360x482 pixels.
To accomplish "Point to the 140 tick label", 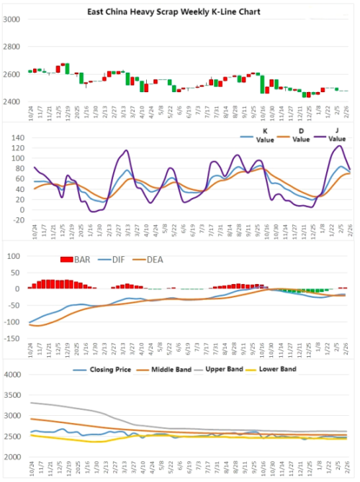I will pos(15,137).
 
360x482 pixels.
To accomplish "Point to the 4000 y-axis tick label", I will pos(14,375).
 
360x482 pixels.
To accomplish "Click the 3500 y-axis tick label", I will pos(14,395).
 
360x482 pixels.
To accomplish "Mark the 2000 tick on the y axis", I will pos(14,457).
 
